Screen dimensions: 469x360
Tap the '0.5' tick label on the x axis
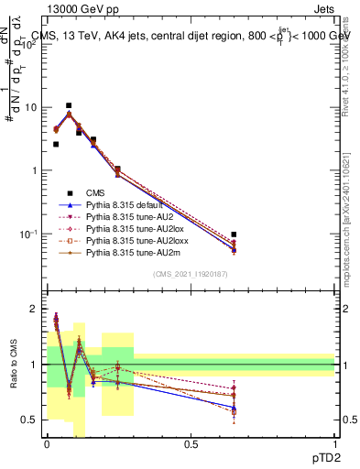(191, 444)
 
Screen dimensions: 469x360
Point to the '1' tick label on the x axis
(335, 444)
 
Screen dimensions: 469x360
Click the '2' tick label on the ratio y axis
(35, 309)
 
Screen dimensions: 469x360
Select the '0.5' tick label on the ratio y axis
(30, 420)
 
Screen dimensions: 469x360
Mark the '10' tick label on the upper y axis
(30, 108)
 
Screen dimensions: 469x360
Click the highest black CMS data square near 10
(69, 105)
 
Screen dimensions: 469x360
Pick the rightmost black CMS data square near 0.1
(234, 234)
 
